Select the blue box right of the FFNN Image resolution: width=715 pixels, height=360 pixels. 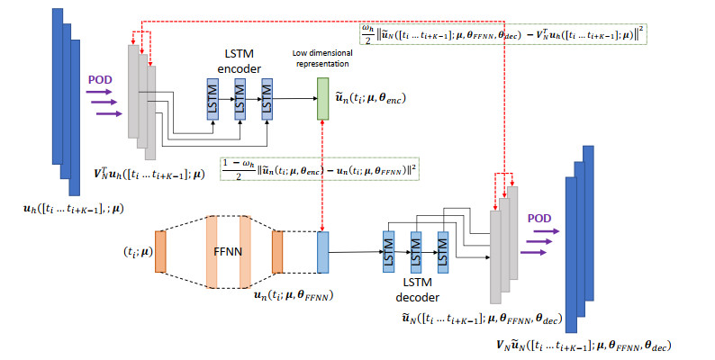(323, 251)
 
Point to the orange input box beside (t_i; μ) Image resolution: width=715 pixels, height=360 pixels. (160, 251)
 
